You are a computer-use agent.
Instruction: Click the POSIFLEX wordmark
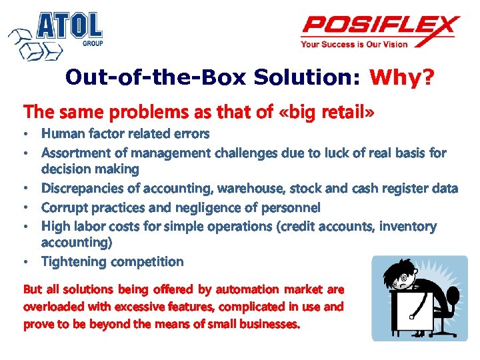tap(380, 27)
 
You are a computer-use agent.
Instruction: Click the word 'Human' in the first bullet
tap(61, 134)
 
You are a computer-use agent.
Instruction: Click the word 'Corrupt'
tap(65, 207)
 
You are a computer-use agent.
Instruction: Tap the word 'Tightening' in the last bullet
tap(75, 261)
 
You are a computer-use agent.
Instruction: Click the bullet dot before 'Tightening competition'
tap(27, 262)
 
